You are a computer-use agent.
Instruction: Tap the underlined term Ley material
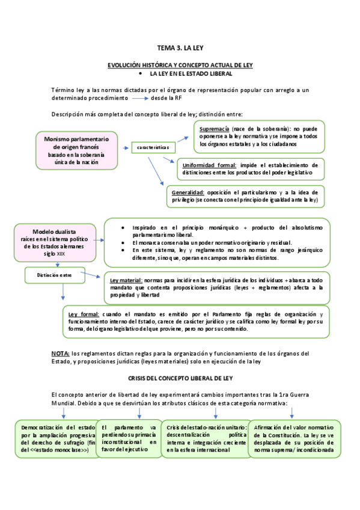point(126,280)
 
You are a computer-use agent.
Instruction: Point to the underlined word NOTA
point(61,353)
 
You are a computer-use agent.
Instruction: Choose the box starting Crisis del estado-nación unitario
point(205,438)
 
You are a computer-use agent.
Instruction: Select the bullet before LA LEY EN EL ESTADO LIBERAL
point(139,73)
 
